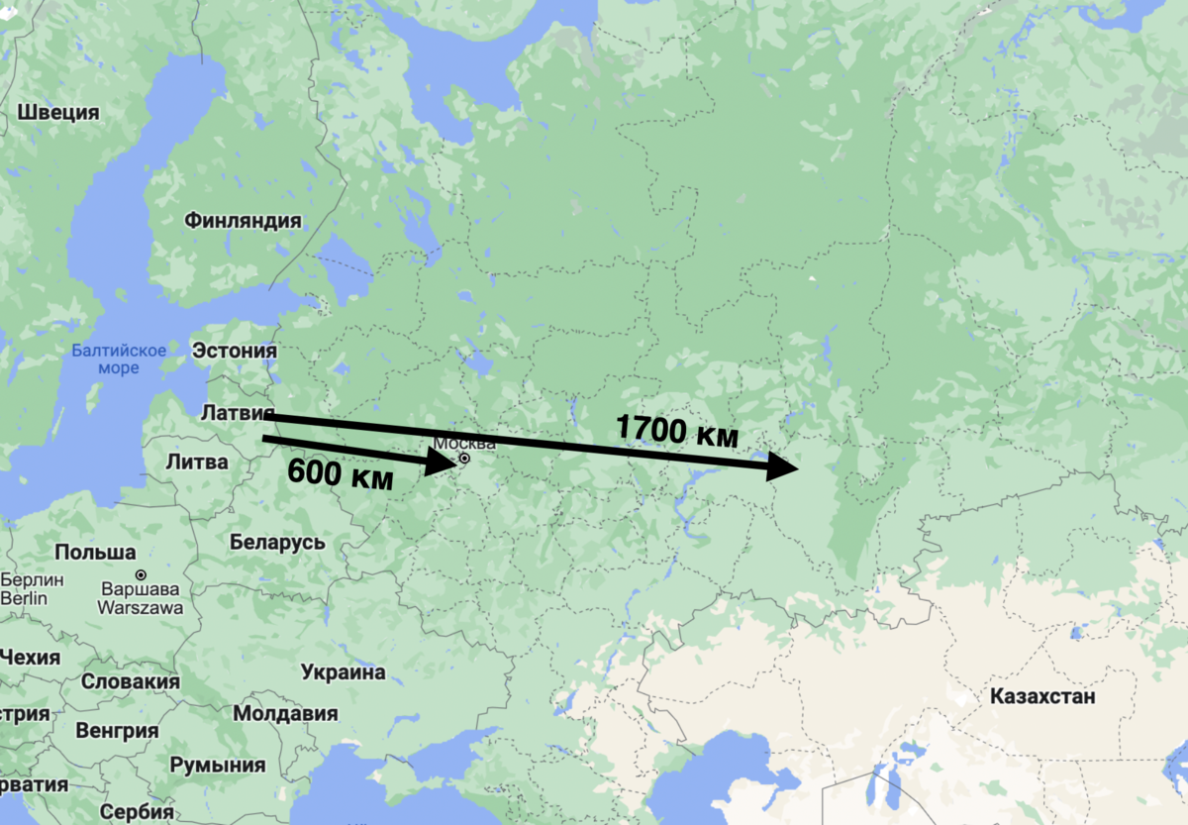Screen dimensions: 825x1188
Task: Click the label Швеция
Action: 58,112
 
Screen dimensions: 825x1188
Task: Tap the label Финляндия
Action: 243,221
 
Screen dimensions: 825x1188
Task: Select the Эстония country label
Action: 235,351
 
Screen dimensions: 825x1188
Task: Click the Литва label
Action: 197,462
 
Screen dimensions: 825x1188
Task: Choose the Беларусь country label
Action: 277,542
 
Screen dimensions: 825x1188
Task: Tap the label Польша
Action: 95,552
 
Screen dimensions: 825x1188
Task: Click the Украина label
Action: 343,672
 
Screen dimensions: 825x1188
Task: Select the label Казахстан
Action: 1042,696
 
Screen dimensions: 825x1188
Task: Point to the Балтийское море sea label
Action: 119,359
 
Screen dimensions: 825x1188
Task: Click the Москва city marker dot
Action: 463,459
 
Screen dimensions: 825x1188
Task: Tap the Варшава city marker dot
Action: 141,574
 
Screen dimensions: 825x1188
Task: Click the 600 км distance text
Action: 340,474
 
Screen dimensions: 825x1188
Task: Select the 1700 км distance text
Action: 677,431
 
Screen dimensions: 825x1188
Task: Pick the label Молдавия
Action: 285,713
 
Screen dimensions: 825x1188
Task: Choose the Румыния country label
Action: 218,765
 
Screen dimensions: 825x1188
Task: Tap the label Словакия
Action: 131,681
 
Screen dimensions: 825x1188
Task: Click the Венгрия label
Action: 116,732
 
